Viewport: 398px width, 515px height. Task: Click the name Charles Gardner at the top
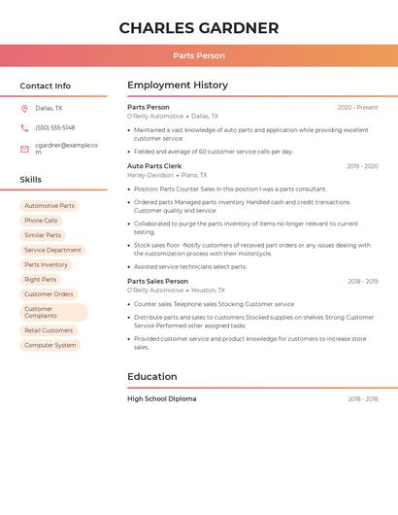(198, 28)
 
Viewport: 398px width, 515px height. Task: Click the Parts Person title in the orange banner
(198, 56)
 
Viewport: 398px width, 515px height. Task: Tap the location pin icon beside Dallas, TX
(24, 109)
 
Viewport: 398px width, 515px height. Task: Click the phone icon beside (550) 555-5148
(24, 128)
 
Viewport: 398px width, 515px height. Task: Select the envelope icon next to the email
(24, 149)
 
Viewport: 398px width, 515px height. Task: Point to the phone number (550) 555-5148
(54, 128)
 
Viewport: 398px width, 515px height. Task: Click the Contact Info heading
(45, 86)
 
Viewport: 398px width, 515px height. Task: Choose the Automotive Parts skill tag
(50, 206)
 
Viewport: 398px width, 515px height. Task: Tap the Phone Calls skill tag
(41, 221)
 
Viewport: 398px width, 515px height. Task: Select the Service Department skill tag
(52, 250)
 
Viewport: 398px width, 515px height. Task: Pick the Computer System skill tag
(50, 345)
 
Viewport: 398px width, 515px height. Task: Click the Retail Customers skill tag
(49, 330)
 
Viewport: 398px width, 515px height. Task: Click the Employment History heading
(178, 86)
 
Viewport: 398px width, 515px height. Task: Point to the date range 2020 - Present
(357, 108)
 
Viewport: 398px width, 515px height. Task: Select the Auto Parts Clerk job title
(154, 166)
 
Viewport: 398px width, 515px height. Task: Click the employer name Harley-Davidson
(150, 176)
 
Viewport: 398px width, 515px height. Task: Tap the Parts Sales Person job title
(157, 281)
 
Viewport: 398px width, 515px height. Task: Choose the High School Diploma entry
(161, 398)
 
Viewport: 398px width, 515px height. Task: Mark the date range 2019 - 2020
(362, 166)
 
